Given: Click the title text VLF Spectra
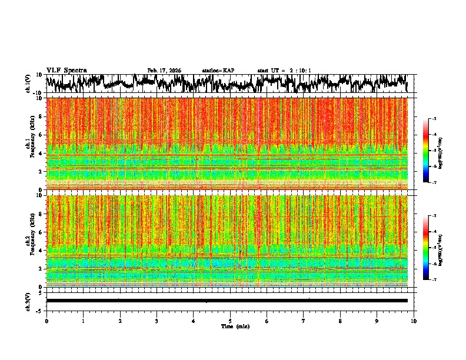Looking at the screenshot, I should (x=66, y=70).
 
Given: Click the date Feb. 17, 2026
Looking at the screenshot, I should (x=164, y=71).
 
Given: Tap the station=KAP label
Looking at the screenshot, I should (x=218, y=71).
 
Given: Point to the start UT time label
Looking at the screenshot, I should (x=284, y=71).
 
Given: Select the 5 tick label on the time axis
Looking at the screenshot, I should (x=230, y=321).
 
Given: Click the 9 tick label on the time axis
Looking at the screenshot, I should (x=377, y=321).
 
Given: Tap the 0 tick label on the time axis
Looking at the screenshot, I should (x=46, y=321).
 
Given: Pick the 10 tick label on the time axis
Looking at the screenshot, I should (x=414, y=321).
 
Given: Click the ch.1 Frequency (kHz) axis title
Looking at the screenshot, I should (x=31, y=144).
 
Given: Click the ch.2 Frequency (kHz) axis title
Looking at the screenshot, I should (x=31, y=241).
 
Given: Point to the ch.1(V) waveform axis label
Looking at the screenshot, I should (x=28, y=84).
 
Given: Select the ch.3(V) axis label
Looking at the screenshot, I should (x=28, y=301).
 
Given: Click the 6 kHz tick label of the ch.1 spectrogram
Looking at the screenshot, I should (x=41, y=135).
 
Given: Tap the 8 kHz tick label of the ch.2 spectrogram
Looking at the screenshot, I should (x=41, y=214).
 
